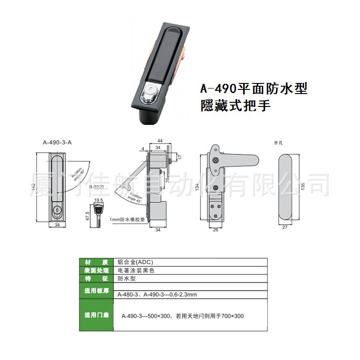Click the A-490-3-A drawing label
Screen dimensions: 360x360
(x=57, y=142)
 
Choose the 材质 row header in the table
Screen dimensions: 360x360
(x=97, y=261)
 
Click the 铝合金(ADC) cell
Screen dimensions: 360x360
(x=134, y=261)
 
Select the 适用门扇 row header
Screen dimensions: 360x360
(x=97, y=315)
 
